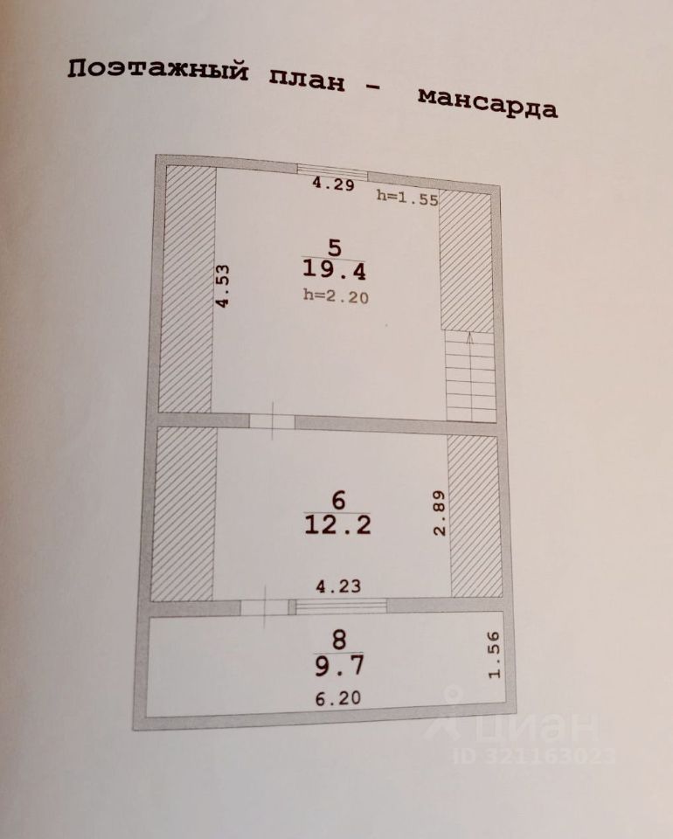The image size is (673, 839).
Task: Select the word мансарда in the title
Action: coord(487,102)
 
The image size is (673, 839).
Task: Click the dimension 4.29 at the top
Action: coord(334,184)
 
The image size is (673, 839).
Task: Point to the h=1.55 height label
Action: coord(406,197)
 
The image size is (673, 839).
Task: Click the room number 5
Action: coord(334,246)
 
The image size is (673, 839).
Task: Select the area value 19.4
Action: coord(334,271)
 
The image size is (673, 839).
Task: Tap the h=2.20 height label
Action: coord(336,296)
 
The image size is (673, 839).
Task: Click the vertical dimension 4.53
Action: coord(224,286)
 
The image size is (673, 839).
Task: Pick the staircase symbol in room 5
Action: coord(470,376)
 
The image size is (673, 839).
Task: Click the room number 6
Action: coord(339,500)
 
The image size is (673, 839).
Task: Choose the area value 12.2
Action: coord(337,525)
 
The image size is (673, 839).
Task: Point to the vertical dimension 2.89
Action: coord(440,512)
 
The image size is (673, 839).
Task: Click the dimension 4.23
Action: coord(337,587)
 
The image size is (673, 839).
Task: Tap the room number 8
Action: coord(338,641)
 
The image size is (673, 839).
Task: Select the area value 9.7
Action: coord(338,666)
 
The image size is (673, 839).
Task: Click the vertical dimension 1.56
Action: coord(495,656)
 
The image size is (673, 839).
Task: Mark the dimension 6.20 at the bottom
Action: coord(336,698)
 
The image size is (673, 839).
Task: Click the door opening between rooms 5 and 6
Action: coord(272,421)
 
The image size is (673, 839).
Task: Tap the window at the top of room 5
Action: coord(331,170)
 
